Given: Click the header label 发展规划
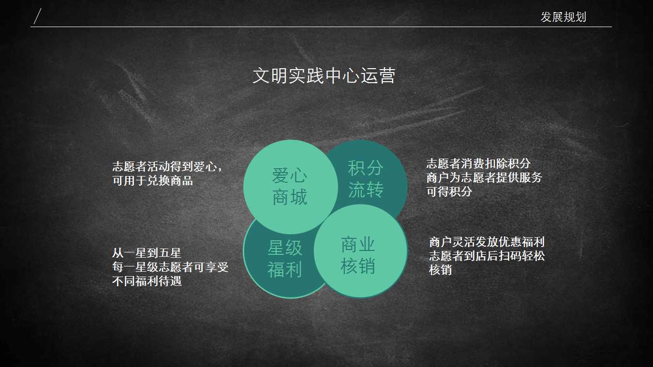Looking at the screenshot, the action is click(563, 17).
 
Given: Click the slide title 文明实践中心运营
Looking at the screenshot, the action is click(324, 75).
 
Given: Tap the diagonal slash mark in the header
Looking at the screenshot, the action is click(37, 16).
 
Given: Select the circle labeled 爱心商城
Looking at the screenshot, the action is click(291, 187).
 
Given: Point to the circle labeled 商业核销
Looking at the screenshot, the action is click(361, 251).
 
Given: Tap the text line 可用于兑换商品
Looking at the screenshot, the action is click(152, 181).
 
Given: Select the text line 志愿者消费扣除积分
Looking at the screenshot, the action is click(478, 163).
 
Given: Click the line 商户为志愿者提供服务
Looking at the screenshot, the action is click(484, 177).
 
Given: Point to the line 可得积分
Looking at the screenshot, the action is click(449, 191).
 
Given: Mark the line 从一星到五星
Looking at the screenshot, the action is click(147, 253).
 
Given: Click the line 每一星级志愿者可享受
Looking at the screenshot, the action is click(170, 267).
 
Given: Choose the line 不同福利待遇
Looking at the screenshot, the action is click(147, 281).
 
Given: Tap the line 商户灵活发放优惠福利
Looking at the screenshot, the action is click(487, 242).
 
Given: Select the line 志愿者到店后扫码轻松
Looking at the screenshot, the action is click(487, 256).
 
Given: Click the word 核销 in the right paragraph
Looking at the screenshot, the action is click(441, 270).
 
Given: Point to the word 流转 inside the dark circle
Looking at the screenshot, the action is click(366, 190).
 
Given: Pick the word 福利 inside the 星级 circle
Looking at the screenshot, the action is click(284, 270).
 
